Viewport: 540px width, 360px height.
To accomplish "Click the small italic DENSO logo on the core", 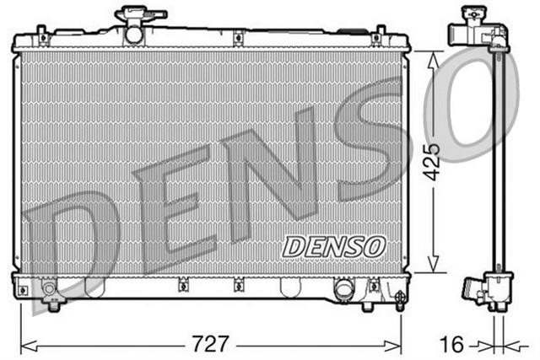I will (x=335, y=245).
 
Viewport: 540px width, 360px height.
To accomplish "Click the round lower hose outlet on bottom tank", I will (x=344, y=289).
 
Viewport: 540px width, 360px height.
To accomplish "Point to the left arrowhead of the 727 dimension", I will (x=24, y=344).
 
